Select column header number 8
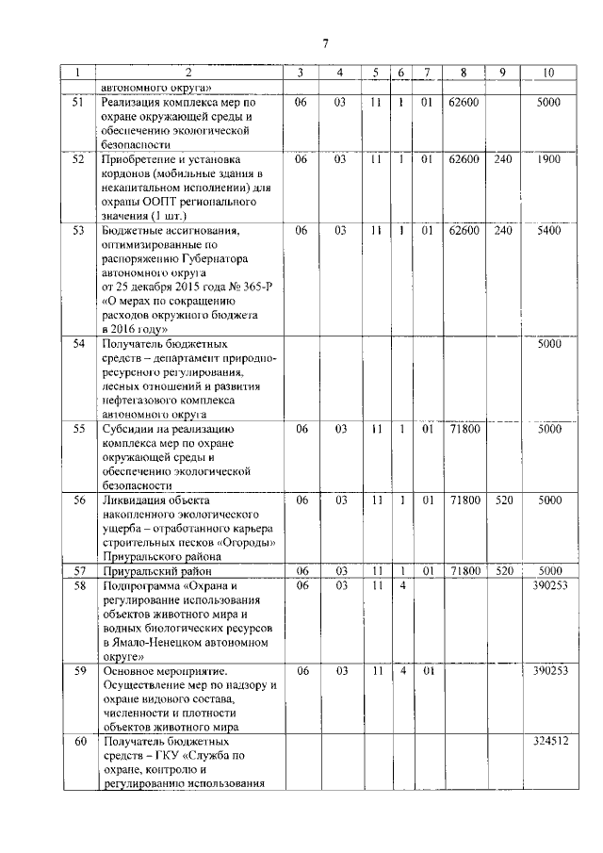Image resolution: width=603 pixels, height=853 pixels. pos(464,73)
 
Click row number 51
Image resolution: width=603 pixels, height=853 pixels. pos(78,102)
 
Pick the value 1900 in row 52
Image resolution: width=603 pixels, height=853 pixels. pos(548,159)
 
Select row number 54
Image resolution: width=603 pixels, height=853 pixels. pos(78,344)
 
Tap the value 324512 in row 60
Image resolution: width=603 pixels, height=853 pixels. pos(548,742)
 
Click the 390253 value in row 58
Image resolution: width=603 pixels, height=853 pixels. pos(548,586)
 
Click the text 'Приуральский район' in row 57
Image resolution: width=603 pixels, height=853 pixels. pos(157,571)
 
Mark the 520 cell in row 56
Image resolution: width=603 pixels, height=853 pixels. pos(503,500)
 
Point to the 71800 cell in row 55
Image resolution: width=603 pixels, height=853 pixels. pos(464,429)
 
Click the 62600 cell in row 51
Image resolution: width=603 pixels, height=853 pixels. pos(464,102)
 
